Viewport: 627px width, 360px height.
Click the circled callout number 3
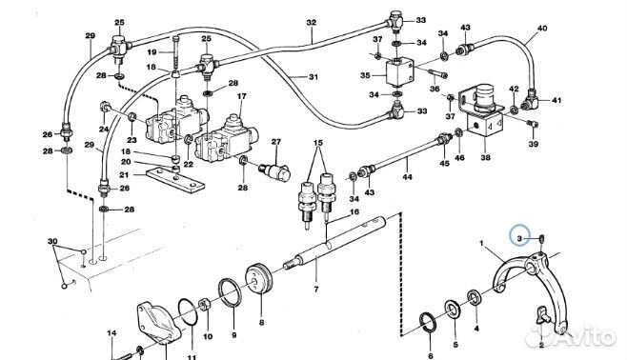point(519,239)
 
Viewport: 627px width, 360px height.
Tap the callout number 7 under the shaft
point(316,290)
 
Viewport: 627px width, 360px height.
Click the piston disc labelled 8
point(259,279)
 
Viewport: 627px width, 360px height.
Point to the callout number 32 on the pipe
point(311,23)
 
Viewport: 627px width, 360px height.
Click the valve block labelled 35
point(399,71)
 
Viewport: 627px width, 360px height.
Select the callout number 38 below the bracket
point(485,157)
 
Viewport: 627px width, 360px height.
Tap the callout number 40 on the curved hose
point(542,29)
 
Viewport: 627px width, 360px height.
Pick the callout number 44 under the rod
point(407,176)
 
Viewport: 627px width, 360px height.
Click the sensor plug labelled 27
point(274,170)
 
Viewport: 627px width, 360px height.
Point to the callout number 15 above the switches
point(317,143)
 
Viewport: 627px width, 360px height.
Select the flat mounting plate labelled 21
point(175,181)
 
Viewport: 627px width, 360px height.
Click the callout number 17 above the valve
point(241,96)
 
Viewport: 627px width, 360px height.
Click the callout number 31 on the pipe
point(313,77)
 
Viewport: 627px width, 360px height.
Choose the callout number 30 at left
point(52,241)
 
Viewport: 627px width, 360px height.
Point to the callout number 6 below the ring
point(431,356)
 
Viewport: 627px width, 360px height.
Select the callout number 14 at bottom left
point(111,332)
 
